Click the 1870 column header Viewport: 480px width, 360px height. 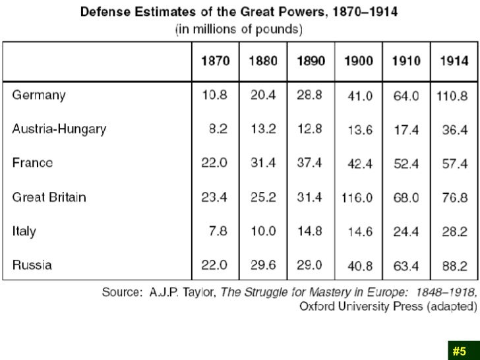point(215,61)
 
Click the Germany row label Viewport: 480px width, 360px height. point(39,95)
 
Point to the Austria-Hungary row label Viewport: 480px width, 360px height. point(59,129)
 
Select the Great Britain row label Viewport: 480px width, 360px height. point(49,197)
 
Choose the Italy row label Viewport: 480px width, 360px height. point(24,231)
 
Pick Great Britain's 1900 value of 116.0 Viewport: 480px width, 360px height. point(357,198)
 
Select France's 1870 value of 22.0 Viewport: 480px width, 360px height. point(214,164)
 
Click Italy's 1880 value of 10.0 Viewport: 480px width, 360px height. point(262,231)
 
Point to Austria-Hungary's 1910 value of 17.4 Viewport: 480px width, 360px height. point(406,130)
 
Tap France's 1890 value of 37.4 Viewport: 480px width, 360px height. point(309,164)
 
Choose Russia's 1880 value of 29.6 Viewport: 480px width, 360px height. point(262,266)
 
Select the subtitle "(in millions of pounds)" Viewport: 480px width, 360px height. point(239,30)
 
